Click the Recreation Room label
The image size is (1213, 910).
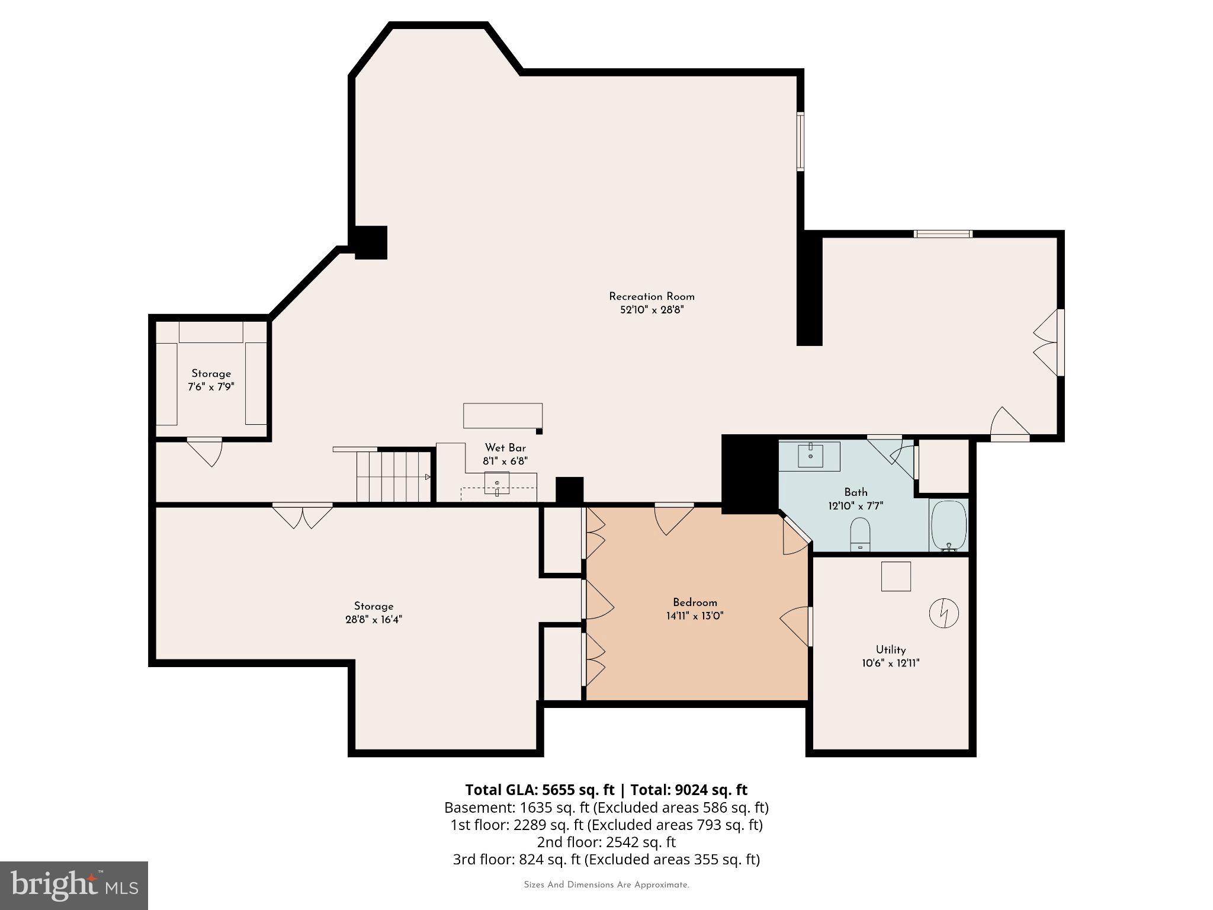click(652, 297)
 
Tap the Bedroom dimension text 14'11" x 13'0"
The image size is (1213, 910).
click(695, 616)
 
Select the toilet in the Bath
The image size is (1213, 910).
click(860, 534)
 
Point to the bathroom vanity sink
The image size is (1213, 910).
click(810, 456)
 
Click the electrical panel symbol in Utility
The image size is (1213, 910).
click(944, 613)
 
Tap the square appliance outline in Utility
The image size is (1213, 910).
click(896, 576)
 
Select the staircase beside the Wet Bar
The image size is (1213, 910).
click(393, 477)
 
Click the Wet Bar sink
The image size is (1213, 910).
click(497, 483)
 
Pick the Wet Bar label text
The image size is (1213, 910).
click(505, 448)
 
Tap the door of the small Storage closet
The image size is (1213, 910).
click(206, 450)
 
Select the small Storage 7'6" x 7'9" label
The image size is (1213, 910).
click(211, 380)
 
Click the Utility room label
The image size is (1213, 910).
click(891, 649)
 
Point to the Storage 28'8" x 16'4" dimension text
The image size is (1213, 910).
click(373, 620)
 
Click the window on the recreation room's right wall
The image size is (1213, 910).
click(800, 142)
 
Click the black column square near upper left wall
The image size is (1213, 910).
click(371, 242)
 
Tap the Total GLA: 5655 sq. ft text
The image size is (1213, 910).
click(540, 790)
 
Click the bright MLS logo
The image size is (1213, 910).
click(74, 885)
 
